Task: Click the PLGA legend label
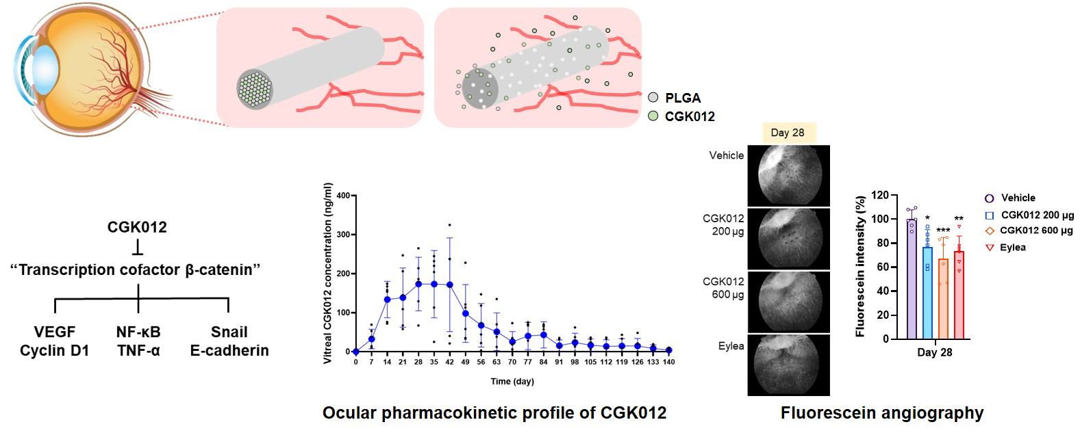[682, 98]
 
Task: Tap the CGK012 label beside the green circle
[690, 116]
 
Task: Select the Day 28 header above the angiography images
[788, 133]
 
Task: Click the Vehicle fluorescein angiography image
[788, 176]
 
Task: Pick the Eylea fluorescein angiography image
[788, 364]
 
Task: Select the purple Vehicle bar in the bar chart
[912, 279]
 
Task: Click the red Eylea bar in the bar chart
[959, 296]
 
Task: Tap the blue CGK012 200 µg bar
[927, 293]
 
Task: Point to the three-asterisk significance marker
[943, 231]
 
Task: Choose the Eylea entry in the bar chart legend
[1012, 248]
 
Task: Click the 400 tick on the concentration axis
[342, 196]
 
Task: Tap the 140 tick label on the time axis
[668, 362]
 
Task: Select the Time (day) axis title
[512, 381]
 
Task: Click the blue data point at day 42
[449, 285]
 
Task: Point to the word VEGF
[55, 332]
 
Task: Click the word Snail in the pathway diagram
[229, 332]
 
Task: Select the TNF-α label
[138, 350]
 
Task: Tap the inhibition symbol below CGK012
[137, 246]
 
